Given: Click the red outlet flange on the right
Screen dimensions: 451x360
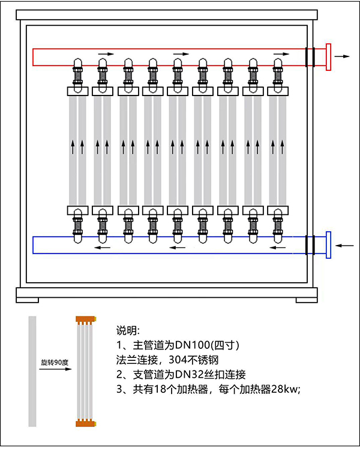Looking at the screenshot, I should [x=328, y=57].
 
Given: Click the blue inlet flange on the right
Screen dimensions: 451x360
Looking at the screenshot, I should [x=328, y=245].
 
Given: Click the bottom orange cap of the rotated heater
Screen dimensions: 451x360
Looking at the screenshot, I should [x=85, y=424].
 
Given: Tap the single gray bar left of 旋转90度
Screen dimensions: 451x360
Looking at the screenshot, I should [x=32, y=371].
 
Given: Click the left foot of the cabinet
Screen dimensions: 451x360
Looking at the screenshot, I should [x=28, y=296].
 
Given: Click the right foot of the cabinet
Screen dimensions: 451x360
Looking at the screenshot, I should [x=306, y=296].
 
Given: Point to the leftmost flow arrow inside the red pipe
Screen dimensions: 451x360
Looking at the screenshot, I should [x=106, y=54].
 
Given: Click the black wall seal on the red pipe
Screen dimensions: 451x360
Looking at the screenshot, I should [x=310, y=57].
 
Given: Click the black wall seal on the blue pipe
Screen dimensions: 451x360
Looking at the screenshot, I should [x=310, y=245].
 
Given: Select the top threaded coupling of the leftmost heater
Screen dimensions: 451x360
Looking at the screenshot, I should [x=77, y=77].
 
